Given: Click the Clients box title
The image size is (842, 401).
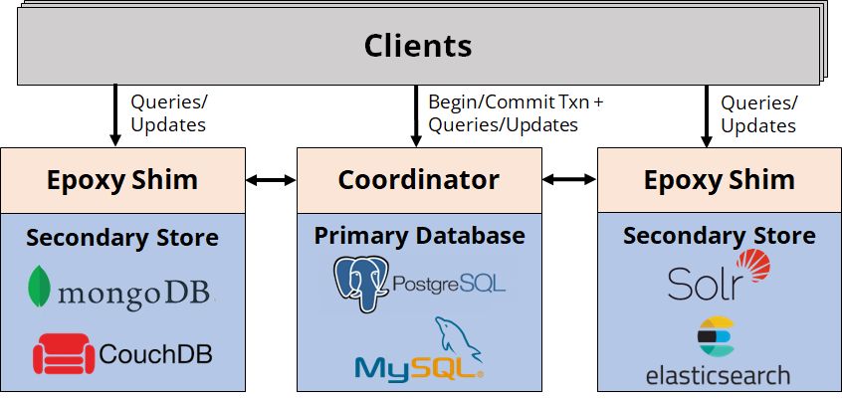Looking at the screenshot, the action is (x=418, y=46).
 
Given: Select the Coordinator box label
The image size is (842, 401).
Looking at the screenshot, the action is (x=419, y=180).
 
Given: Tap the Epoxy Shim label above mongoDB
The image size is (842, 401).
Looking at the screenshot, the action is (x=122, y=180).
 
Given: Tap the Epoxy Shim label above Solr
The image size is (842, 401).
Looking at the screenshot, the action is (x=719, y=180).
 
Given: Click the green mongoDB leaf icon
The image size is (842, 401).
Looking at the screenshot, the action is (x=39, y=286).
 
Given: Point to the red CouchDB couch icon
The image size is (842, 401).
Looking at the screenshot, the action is (x=64, y=353).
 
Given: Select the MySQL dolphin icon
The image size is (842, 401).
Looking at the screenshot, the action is (x=458, y=339).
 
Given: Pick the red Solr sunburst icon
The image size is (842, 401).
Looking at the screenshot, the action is (x=752, y=266).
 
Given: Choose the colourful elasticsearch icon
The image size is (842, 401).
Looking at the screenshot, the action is (x=716, y=336).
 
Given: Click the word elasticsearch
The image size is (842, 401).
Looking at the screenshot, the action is (x=718, y=375).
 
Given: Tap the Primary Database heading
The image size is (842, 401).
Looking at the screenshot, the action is (x=419, y=236).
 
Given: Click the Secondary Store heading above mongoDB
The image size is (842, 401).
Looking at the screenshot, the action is (x=122, y=237).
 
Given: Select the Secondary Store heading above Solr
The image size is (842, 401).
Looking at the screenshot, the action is (x=719, y=236).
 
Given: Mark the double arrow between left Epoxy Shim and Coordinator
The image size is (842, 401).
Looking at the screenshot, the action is (x=271, y=180).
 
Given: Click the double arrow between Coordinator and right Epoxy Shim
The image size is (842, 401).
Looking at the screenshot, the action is (x=569, y=179).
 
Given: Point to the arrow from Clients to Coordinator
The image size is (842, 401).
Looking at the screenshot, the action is (x=416, y=115).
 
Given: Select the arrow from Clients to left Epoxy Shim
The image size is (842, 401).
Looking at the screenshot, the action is (x=114, y=114).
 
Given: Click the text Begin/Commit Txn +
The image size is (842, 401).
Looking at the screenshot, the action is (x=516, y=102).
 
